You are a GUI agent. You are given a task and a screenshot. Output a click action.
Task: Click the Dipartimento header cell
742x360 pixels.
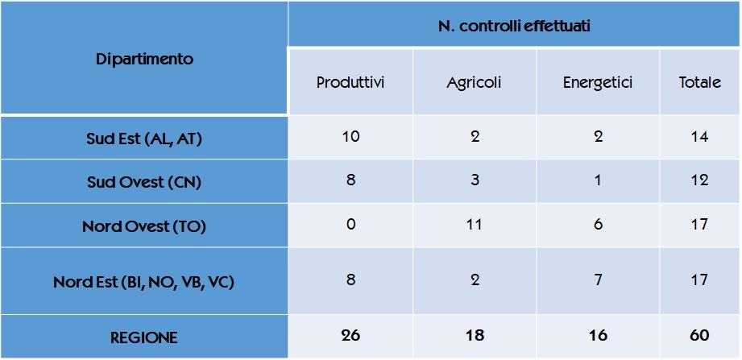point(144,60)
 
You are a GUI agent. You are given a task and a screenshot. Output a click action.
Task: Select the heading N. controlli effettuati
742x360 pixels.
point(514,27)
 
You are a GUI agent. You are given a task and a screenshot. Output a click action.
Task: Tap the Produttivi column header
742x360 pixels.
point(350,83)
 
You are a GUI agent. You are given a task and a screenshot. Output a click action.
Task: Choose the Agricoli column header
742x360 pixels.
point(474,83)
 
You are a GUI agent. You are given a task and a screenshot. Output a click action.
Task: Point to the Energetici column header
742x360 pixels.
point(598,83)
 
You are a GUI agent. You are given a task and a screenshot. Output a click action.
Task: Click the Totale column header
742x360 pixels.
point(699,83)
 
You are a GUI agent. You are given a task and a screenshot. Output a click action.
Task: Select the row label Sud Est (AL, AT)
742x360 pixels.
point(144,139)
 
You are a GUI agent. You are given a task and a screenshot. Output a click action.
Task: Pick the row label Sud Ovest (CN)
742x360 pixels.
point(144,182)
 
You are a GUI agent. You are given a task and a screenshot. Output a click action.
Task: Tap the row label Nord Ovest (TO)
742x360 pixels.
point(144,226)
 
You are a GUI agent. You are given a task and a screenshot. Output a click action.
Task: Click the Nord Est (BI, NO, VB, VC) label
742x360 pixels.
point(144,282)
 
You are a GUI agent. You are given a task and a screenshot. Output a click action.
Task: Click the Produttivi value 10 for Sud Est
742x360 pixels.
point(350,137)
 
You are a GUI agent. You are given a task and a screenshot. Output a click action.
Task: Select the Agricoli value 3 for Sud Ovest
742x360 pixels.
point(475,180)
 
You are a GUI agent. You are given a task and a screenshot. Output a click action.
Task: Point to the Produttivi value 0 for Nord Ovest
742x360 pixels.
point(350,225)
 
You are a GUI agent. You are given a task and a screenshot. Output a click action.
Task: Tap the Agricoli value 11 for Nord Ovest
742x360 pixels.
point(475,225)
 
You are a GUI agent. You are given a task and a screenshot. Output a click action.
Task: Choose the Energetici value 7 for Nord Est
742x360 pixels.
point(598,280)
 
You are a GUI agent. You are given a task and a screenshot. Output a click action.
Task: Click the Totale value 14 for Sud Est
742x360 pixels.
point(699,137)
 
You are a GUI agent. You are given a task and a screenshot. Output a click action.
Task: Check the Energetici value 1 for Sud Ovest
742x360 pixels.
point(598,180)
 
